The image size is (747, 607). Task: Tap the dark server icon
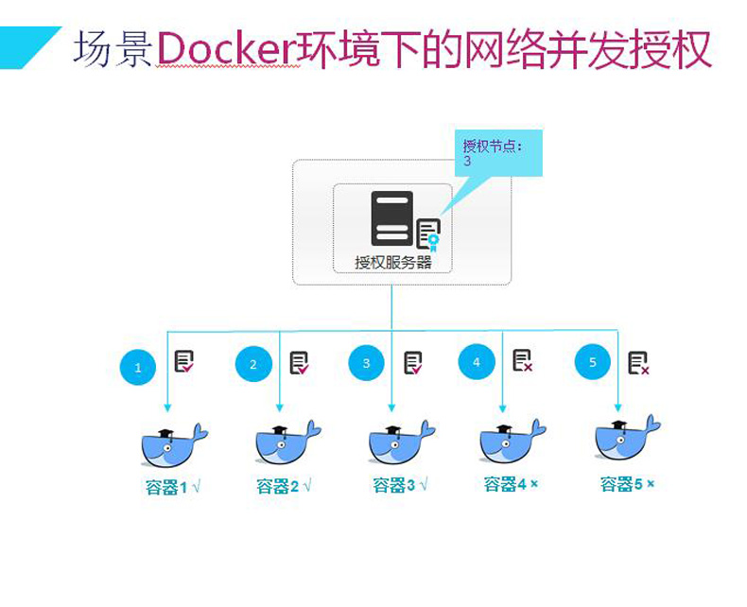coord(391,218)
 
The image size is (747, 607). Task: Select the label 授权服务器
coord(392,262)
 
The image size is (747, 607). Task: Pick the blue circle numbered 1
coord(138,367)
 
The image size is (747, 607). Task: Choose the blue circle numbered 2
coord(252,364)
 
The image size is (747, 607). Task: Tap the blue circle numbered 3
coord(366,363)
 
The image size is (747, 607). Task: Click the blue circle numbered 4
coord(477,361)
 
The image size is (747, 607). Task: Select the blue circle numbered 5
coord(593,362)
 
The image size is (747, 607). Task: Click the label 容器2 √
coord(284,487)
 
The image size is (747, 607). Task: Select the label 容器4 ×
coord(511,484)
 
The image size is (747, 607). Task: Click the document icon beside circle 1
coord(184,362)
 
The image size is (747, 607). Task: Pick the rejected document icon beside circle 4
coord(522,361)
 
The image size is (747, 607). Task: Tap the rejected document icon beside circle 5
coord(638,363)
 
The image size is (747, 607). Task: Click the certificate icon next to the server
coord(428,234)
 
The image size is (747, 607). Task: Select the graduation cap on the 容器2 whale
coord(279,430)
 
